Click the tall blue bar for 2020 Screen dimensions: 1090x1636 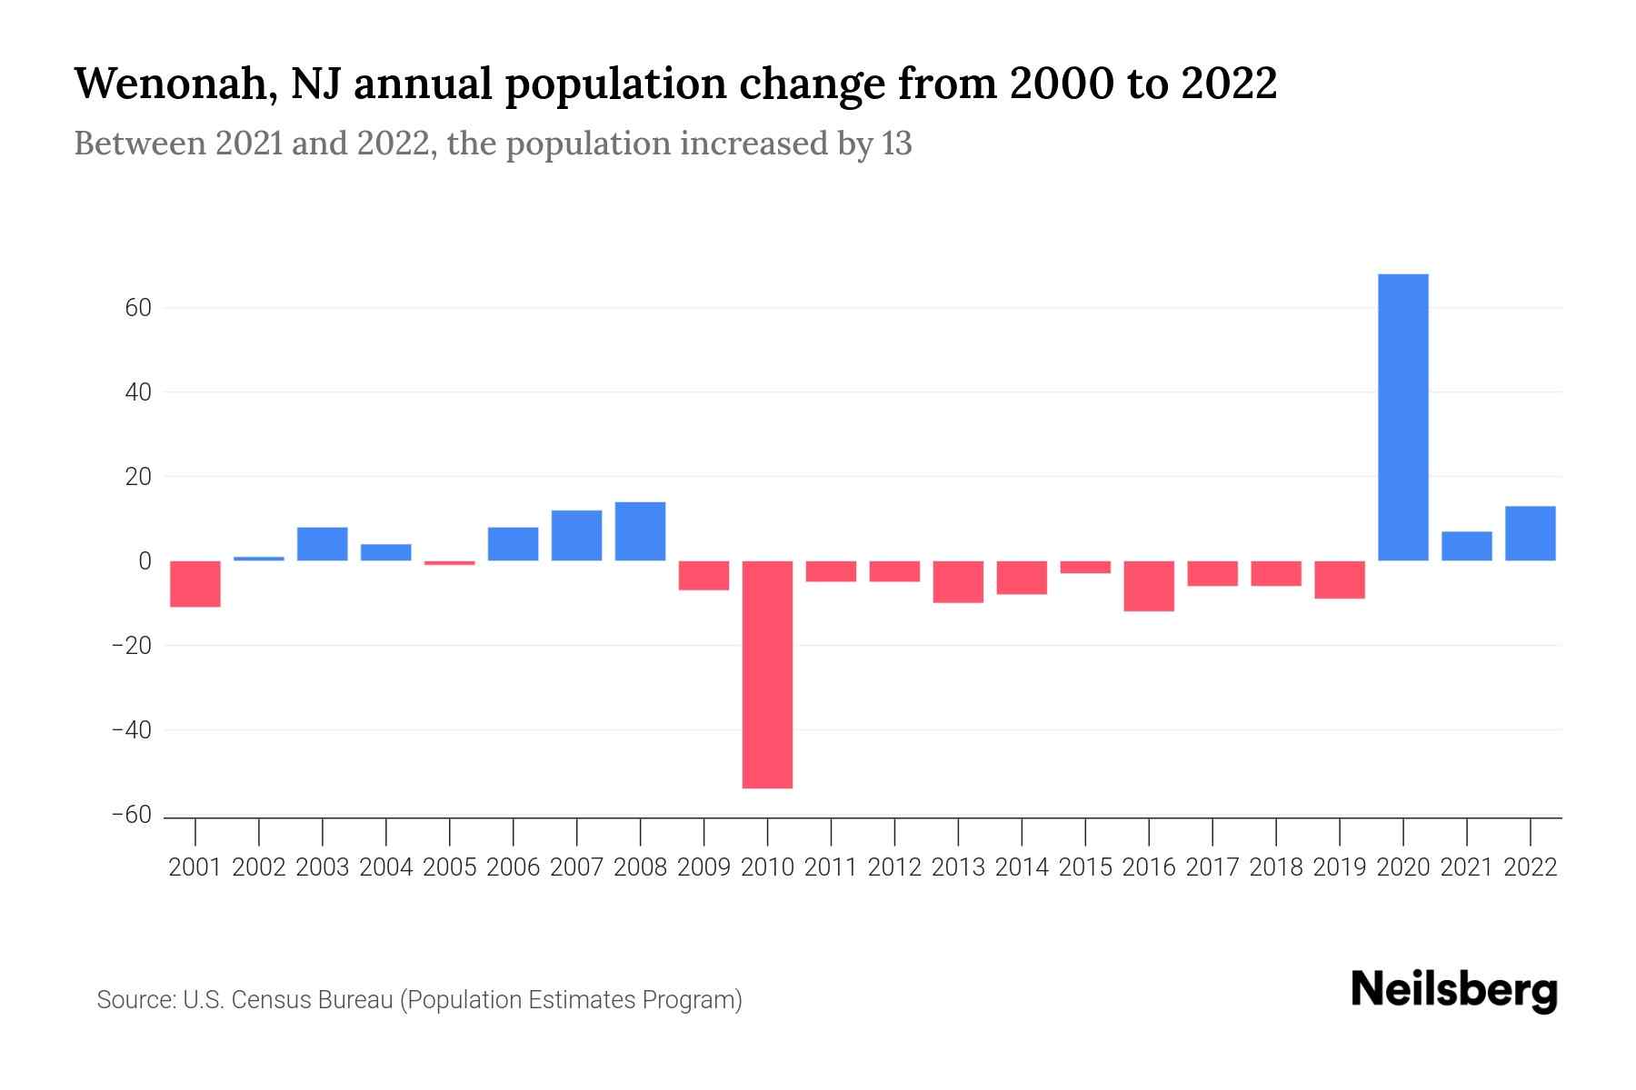[x=1403, y=417]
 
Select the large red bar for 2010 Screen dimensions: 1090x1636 [x=767, y=674]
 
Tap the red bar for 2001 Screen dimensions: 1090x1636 [x=195, y=583]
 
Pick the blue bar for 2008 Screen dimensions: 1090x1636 [x=640, y=531]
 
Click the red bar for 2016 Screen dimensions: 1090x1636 [x=1149, y=586]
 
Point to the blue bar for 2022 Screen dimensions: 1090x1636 [x=1531, y=533]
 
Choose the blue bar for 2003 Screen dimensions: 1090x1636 [x=323, y=543]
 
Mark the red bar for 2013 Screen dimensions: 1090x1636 [x=958, y=581]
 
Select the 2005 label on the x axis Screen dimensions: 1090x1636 [x=450, y=867]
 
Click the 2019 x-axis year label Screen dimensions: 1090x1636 [x=1340, y=867]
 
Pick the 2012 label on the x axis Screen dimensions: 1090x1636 [x=894, y=867]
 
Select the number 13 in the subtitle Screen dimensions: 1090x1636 [x=896, y=144]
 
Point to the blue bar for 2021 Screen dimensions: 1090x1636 [x=1467, y=546]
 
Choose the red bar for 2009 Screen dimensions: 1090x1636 [x=703, y=575]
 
